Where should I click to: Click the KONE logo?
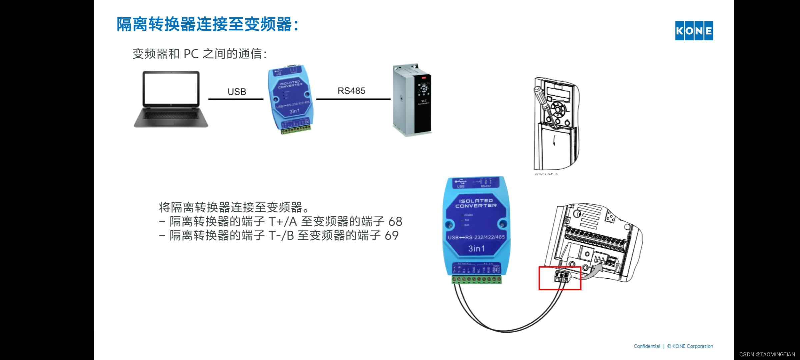point(694,31)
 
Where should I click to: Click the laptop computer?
point(171,99)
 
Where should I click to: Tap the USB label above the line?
point(237,92)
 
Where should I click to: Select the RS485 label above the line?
point(351,91)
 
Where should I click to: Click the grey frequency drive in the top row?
point(412,100)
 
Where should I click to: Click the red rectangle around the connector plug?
point(560,278)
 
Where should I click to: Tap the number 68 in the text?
point(395,221)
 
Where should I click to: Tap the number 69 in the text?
point(392,236)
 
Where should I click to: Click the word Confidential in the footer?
point(647,346)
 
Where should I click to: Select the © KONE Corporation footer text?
point(690,346)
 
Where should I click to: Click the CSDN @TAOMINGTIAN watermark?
point(767,354)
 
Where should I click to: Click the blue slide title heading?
point(207,24)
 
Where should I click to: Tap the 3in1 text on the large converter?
point(476,248)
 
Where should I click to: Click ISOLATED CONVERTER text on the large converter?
point(476,203)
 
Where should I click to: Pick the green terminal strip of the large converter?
point(477,279)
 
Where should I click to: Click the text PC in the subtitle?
point(191,54)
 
